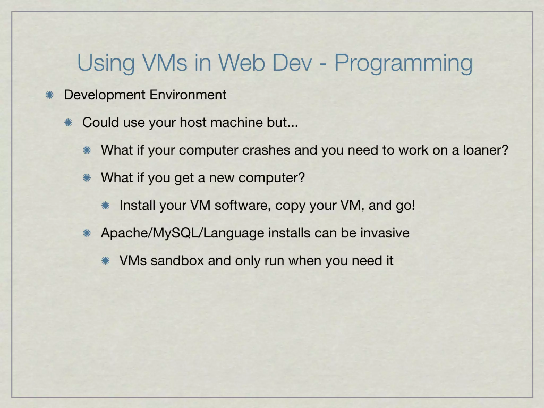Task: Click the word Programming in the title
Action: pos(403,63)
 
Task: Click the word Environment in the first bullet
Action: pos(188,95)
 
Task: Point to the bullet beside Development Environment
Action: pos(49,95)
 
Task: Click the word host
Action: pos(193,122)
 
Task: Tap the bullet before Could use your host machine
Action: pos(68,123)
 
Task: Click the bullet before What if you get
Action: pos(87,178)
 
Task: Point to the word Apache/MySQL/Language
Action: pos(182,233)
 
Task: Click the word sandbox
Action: pos(177,261)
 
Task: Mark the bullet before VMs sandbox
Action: pos(105,261)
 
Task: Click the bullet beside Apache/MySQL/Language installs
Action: pos(87,233)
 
